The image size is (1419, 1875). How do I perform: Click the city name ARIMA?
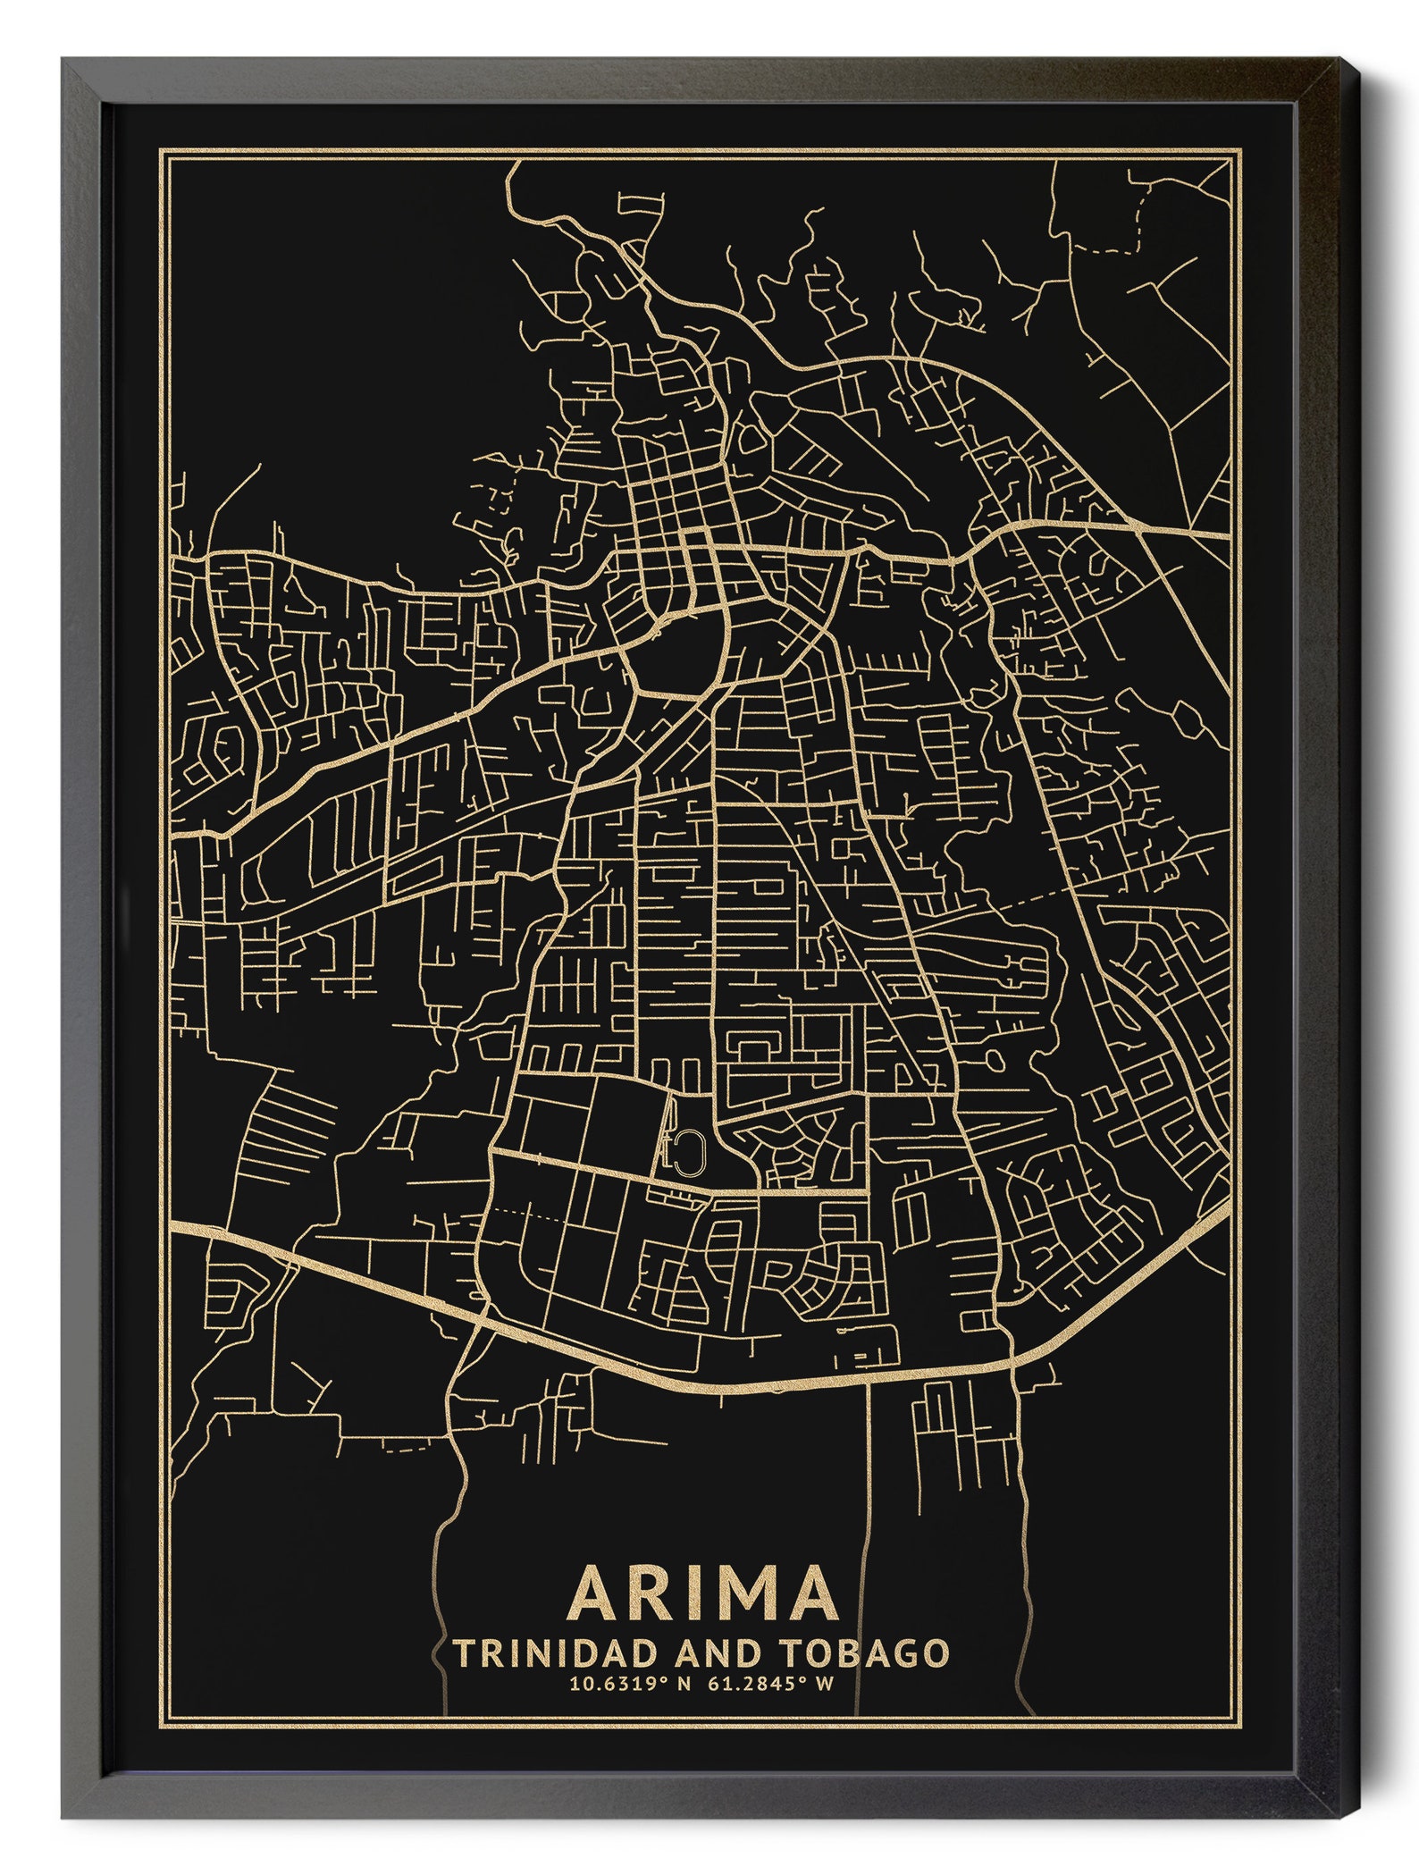pyautogui.click(x=705, y=1592)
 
